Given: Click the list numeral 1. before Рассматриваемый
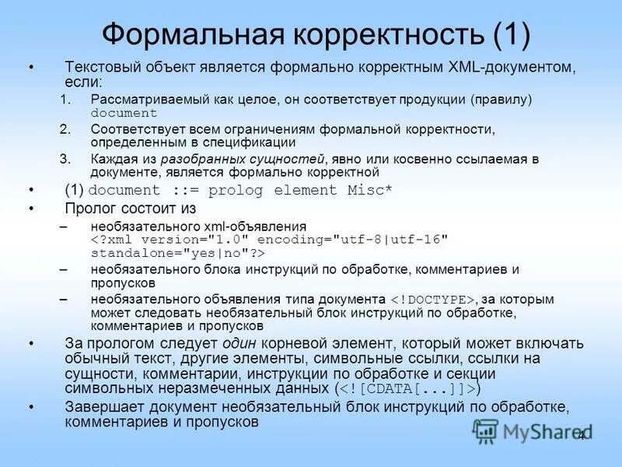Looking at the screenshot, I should (x=65, y=100).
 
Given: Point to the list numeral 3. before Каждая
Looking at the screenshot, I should (x=65, y=158).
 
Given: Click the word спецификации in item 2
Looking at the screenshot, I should (x=256, y=142).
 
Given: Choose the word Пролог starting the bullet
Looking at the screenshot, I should (x=89, y=208).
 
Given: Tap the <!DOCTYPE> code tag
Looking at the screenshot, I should (x=432, y=299).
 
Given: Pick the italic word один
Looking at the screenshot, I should (x=241, y=343).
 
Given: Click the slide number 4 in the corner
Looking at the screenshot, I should (x=580, y=435).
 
